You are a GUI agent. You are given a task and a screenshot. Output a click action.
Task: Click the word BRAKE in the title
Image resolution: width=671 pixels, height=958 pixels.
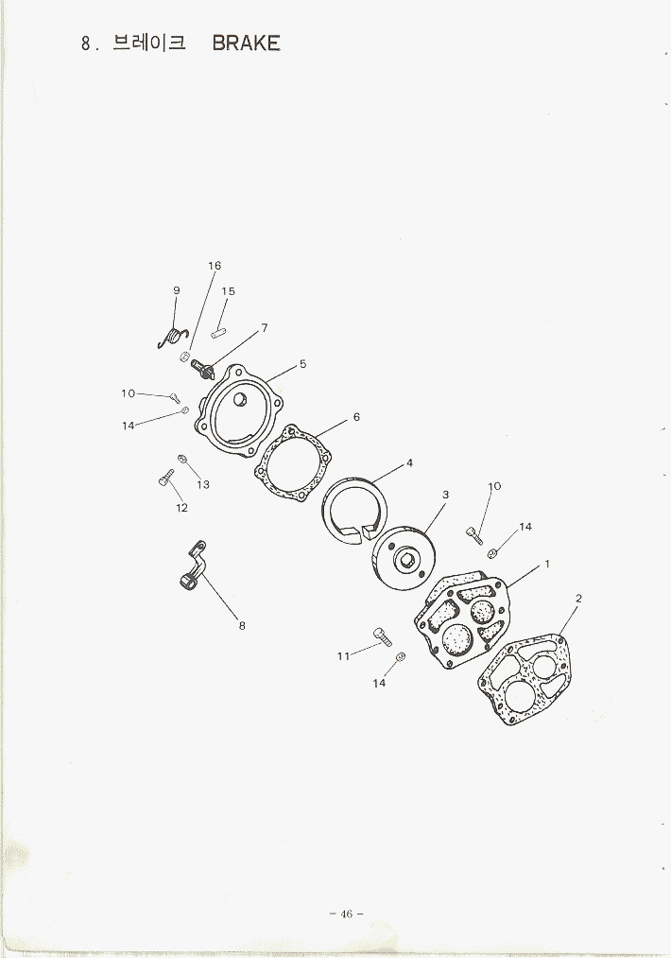[246, 44]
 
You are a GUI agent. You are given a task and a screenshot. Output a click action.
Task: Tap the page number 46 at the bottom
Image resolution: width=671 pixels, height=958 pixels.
[346, 914]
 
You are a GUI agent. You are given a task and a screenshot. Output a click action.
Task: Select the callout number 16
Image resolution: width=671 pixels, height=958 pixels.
[215, 266]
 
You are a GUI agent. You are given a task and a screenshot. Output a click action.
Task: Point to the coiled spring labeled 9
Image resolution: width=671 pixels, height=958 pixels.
[173, 338]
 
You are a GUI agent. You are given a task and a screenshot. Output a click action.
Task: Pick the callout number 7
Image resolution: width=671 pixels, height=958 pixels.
[265, 328]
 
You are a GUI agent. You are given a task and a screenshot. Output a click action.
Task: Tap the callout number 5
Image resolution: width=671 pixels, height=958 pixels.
[302, 364]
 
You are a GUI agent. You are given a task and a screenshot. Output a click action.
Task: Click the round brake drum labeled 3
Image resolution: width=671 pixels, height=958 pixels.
[404, 557]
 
